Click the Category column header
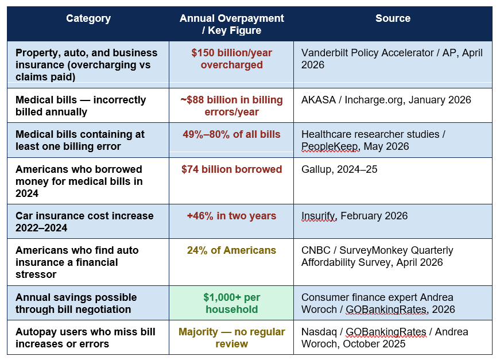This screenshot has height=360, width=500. pos(88,18)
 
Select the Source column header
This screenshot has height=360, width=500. pos(393,18)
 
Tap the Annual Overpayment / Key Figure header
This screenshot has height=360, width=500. pos(231,24)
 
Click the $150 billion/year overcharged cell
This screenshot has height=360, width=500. pos(231,59)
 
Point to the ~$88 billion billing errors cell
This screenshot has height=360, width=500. pos(231,106)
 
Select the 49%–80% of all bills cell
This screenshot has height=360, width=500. pos(231,134)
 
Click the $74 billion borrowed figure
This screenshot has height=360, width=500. pos(231,169)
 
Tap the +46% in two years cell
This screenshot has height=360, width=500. pos(231,216)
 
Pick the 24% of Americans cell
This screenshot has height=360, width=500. pos(231,250)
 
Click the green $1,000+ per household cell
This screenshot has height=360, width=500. pos(231,303)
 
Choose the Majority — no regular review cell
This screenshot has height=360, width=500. pos(231,338)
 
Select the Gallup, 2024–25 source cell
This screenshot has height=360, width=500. pos(339,169)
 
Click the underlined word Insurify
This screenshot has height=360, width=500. pos(319,216)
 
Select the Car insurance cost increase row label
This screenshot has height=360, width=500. pos(84,222)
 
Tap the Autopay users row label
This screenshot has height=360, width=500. pos(85,338)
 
